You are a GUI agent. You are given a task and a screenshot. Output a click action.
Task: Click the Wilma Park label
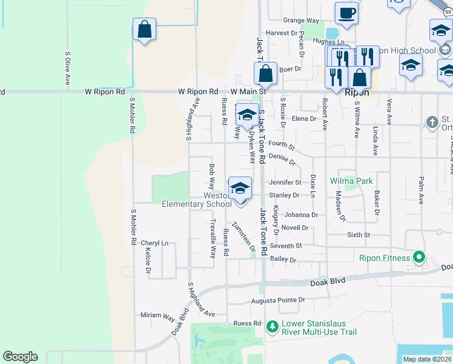point(351,181)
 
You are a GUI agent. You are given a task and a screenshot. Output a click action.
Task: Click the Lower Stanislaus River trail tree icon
point(272,328)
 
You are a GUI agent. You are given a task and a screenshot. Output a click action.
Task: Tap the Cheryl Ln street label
point(154,243)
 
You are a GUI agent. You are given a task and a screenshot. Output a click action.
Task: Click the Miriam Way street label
point(157,315)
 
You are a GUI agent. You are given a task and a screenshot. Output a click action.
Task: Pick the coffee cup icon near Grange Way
point(347,13)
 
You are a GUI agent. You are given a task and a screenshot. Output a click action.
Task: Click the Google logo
point(20,357)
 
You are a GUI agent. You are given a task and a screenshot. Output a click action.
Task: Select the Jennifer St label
point(285,182)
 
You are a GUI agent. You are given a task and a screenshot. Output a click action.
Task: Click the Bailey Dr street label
point(283,260)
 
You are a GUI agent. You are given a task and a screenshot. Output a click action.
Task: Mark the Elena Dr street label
point(304,119)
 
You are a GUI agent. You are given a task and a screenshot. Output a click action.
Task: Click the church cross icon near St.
point(432,123)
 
